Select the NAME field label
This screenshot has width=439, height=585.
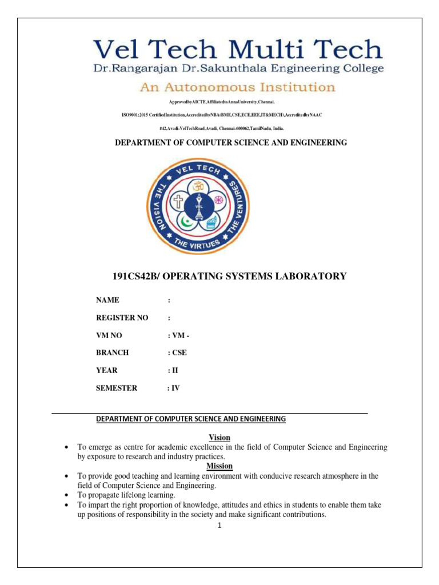point(107,300)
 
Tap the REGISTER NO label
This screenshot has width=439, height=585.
point(118,318)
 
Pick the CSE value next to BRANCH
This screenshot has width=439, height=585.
point(179,353)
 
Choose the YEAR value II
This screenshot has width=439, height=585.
point(174,370)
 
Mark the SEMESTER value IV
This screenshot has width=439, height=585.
point(175,388)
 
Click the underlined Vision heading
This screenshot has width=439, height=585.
point(219,438)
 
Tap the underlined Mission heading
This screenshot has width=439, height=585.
point(219,466)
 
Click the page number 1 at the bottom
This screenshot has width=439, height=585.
point(219,526)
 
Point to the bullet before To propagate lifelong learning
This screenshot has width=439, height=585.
point(67,495)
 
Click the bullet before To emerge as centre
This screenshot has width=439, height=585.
point(67,447)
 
